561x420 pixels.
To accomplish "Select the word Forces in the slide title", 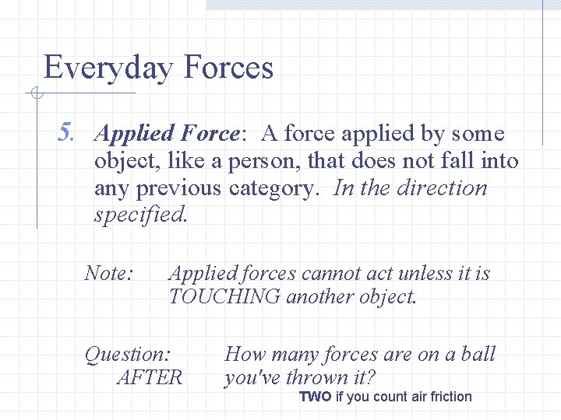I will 228,68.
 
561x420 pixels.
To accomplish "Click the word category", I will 276,188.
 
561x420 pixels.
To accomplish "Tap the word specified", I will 140,215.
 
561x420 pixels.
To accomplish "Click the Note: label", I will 110,273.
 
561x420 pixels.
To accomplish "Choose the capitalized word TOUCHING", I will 223,296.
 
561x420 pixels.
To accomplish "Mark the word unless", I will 422,273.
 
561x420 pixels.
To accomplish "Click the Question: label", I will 128,355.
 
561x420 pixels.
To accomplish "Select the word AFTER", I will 149,378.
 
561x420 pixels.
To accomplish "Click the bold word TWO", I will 316,397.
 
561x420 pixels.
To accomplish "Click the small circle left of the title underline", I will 36,94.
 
